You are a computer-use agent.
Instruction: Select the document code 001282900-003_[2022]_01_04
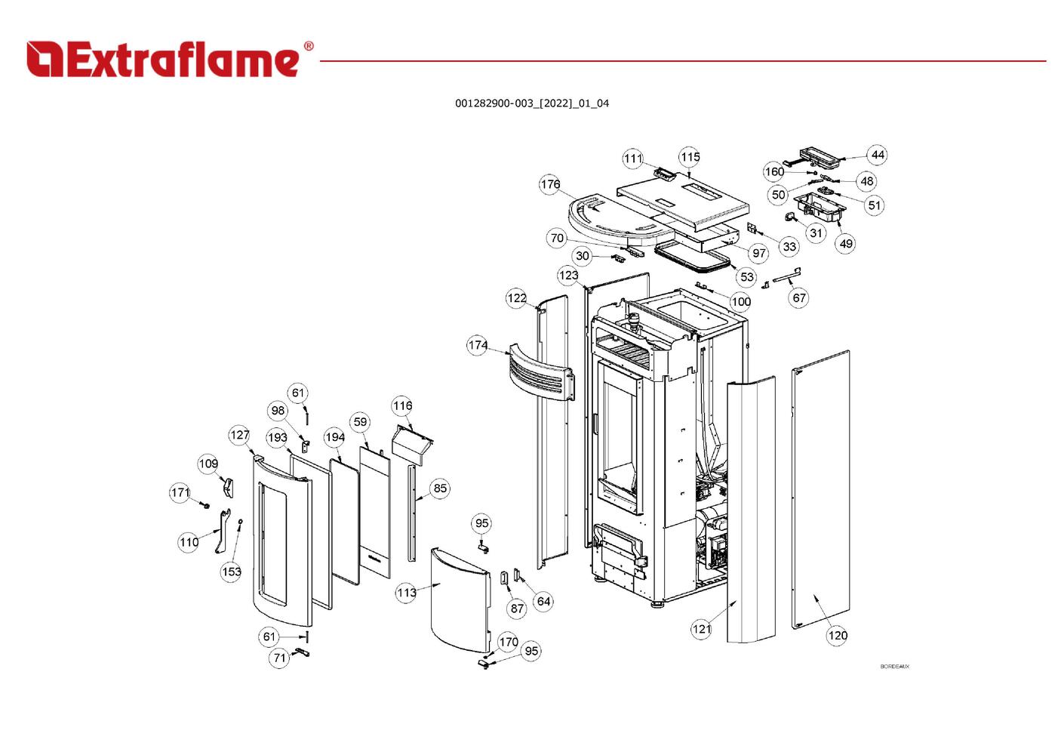531,103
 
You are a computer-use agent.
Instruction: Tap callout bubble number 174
478,345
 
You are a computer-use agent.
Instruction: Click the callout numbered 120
838,636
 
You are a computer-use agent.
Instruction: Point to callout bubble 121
702,629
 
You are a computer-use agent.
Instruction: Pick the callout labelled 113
407,593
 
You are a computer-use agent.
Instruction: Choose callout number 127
239,435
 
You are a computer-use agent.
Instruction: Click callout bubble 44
877,155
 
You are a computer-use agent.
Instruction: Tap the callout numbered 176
550,184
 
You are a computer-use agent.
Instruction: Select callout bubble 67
799,297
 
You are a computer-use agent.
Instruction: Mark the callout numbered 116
402,406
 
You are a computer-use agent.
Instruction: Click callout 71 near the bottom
280,658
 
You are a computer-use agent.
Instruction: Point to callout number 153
232,572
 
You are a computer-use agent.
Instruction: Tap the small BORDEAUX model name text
894,667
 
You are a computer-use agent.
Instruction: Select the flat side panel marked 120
821,491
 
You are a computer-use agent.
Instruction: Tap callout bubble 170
509,643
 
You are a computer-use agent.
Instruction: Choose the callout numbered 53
747,277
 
